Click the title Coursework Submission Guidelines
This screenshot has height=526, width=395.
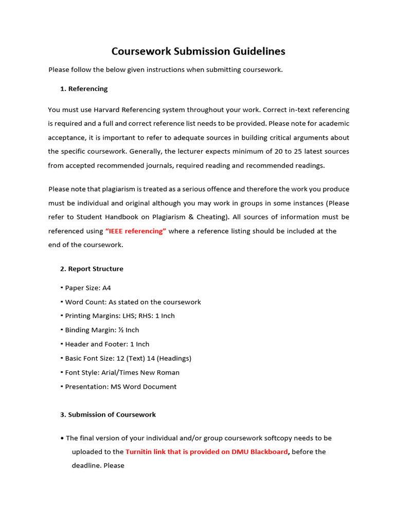coord(199,51)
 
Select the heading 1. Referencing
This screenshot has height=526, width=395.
coord(84,89)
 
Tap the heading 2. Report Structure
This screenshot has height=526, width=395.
coord(92,269)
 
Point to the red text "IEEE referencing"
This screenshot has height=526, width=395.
coord(136,231)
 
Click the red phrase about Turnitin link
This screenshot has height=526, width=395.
coord(207,452)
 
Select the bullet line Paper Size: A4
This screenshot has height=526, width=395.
coord(88,288)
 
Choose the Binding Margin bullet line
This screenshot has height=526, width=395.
coord(102,330)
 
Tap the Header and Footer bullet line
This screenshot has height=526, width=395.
coord(107,344)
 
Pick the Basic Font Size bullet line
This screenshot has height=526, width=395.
coord(128,359)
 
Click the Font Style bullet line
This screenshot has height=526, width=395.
coord(122,372)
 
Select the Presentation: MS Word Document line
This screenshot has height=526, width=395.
coord(120,387)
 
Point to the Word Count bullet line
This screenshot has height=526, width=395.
coord(133,302)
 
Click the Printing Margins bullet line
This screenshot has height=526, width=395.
coord(120,316)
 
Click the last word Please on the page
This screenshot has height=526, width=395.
coord(113,466)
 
